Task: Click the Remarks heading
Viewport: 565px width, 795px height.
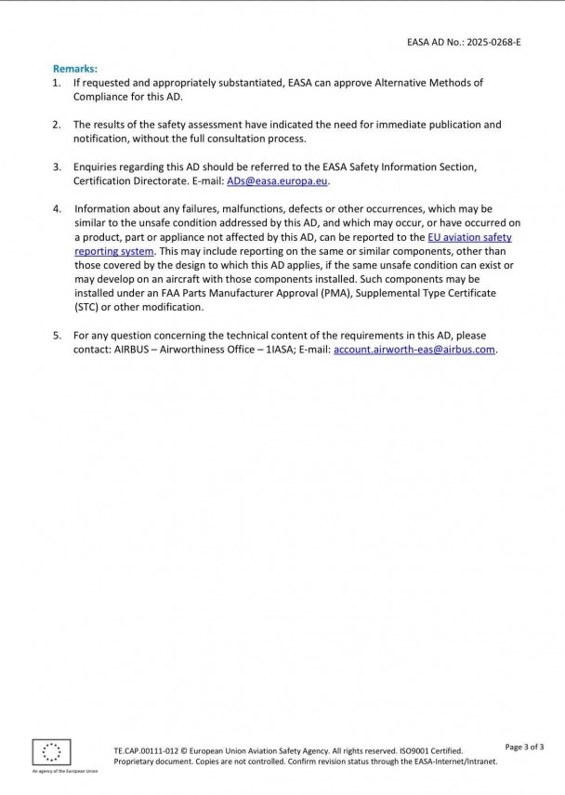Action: [74, 69]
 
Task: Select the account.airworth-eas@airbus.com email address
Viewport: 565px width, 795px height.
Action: [414, 349]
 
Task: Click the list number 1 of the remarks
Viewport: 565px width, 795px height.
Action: [57, 83]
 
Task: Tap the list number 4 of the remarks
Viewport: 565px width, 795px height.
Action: [57, 209]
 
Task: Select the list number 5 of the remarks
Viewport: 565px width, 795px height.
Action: [57, 335]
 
